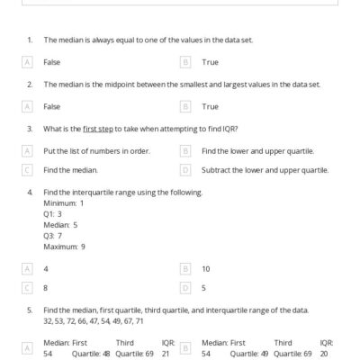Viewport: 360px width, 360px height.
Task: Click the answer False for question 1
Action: click(x=51, y=62)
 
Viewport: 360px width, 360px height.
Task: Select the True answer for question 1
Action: click(x=210, y=62)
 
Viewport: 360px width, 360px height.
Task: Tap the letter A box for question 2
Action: click(x=28, y=106)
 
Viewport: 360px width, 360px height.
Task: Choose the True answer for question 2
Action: click(x=210, y=106)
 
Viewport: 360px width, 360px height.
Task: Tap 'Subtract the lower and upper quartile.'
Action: click(x=265, y=169)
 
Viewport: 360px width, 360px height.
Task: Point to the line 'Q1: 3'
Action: click(x=53, y=214)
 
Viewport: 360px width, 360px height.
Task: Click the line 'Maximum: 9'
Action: click(x=64, y=247)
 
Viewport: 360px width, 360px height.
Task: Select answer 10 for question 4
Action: click(x=206, y=268)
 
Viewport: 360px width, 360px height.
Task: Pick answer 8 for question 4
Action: click(x=46, y=288)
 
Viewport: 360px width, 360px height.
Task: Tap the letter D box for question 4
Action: click(x=185, y=288)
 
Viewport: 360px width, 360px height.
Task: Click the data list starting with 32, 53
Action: click(x=93, y=321)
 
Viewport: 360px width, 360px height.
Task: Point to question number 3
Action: click(x=30, y=129)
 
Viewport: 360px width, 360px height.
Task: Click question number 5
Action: click(x=30, y=310)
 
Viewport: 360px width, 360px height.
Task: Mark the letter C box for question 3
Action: click(x=28, y=169)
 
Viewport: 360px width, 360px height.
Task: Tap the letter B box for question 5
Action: click(x=185, y=348)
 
